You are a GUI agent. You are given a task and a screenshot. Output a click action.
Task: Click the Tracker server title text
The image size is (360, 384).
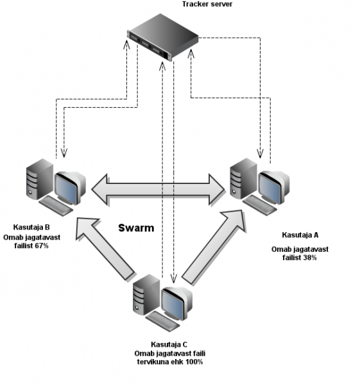click(207, 4)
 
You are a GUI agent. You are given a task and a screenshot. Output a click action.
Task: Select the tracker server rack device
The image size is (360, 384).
click(163, 37)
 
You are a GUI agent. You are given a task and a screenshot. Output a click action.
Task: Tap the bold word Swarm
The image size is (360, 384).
click(136, 228)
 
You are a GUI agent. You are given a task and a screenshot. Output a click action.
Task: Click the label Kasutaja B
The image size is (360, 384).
click(31, 228)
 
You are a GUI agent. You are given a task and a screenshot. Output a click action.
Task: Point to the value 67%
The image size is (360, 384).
click(42, 246)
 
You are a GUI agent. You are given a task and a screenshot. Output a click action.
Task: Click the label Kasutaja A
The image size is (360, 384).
click(300, 235)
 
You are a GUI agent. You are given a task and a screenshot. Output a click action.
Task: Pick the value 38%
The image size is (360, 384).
click(309, 258)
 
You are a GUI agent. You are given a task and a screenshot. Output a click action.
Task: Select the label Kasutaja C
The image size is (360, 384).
click(169, 344)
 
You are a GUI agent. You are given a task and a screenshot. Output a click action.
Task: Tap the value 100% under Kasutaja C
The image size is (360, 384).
click(194, 362)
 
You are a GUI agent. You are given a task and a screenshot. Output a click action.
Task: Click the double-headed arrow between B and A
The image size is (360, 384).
click(158, 189)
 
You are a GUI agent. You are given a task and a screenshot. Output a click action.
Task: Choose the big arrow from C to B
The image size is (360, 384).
click(105, 249)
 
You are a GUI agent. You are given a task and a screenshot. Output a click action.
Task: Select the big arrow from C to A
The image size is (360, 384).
click(214, 247)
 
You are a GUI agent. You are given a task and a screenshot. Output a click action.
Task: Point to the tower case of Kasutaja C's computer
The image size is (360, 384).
click(146, 294)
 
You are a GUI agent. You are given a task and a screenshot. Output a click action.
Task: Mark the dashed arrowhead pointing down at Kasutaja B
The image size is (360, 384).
click(64, 153)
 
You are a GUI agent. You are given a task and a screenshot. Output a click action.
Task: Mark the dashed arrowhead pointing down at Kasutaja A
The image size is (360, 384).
click(261, 154)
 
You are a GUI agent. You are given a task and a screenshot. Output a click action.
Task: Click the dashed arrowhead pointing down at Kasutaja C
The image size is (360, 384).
click(173, 278)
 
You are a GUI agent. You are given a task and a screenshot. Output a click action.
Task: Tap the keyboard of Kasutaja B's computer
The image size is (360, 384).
click(56, 206)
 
